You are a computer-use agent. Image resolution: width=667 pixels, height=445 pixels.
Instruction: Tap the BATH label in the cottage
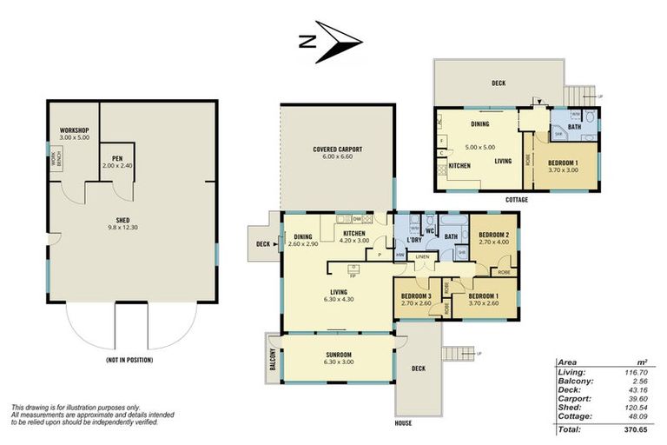coord(574,127)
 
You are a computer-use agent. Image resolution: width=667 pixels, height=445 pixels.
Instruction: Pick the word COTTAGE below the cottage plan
coord(515,200)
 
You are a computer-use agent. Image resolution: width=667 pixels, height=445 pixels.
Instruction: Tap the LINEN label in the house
coord(421,256)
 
